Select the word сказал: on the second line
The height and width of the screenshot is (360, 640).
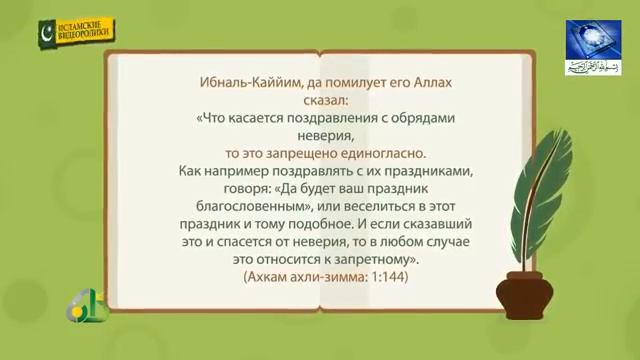click(x=321, y=101)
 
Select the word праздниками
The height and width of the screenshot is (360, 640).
click(x=417, y=172)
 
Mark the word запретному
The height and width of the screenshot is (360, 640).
click(x=372, y=261)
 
